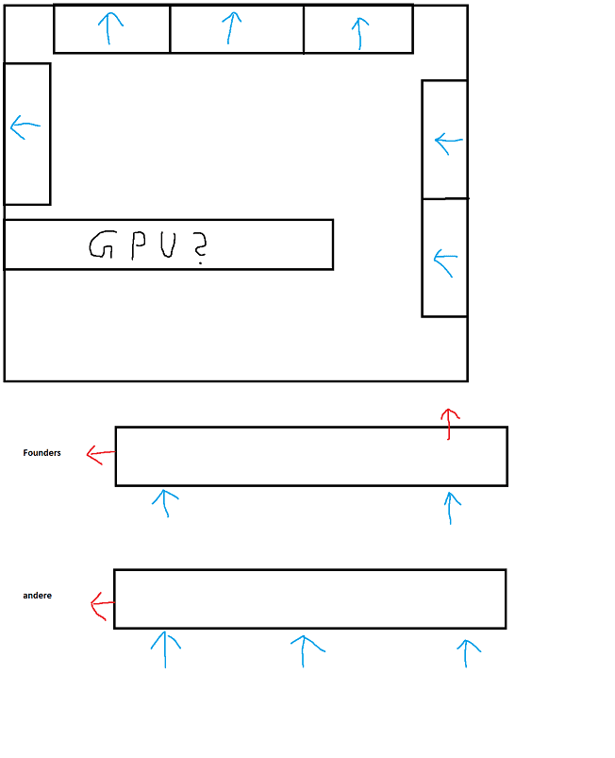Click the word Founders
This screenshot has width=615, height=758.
[x=42, y=453]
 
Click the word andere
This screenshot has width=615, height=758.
[x=37, y=596]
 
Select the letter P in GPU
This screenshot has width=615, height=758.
[x=137, y=245]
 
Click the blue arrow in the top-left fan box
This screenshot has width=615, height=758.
[x=110, y=28]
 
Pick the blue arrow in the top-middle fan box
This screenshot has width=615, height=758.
[x=231, y=27]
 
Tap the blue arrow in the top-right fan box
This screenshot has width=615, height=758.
[x=358, y=32]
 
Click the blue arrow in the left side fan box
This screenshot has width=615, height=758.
[x=25, y=126]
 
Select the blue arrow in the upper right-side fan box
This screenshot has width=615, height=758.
[x=448, y=143]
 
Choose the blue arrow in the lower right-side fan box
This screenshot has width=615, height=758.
[x=444, y=261]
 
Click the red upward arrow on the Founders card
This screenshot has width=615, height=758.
[x=450, y=424]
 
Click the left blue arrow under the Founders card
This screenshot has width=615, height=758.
[x=165, y=502]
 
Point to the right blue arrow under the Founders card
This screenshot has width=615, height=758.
[x=452, y=507]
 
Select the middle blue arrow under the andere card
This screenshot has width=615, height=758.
[x=305, y=650]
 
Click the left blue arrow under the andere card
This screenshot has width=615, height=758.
[x=165, y=649]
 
